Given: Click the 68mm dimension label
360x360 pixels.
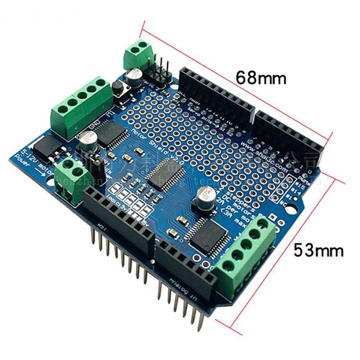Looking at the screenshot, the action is coord(261,77).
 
